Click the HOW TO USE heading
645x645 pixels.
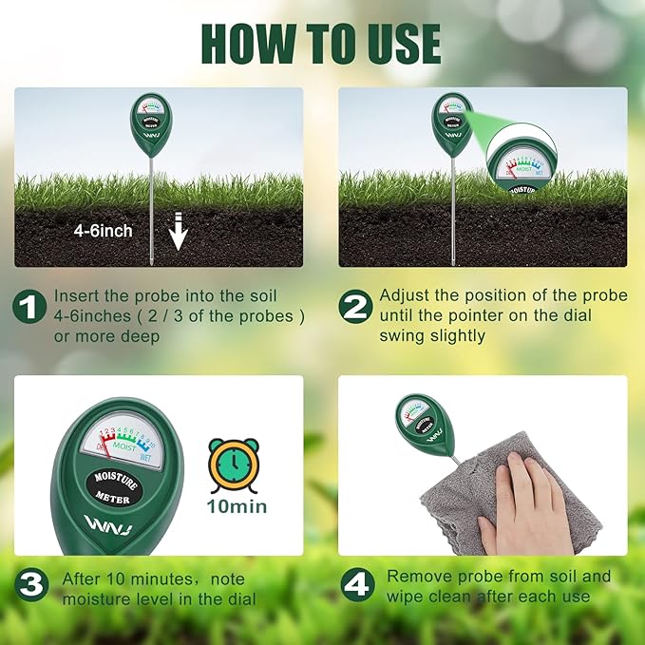(322, 43)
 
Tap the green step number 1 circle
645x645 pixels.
(29, 307)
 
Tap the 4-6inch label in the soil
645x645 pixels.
(104, 231)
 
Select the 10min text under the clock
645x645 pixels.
(237, 506)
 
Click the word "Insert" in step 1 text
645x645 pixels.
(76, 295)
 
